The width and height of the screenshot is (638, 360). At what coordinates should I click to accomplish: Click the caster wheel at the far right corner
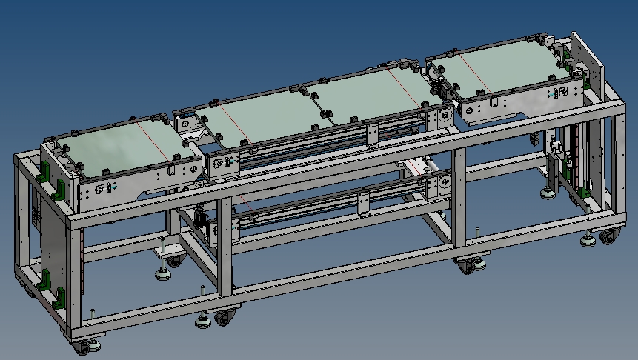click(x=608, y=237)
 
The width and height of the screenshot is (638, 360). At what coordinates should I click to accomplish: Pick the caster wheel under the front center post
click(x=223, y=318)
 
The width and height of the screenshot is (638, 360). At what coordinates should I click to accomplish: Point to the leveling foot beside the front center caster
click(x=202, y=321)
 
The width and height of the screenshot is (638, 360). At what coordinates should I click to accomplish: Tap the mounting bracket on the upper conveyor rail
click(x=373, y=135)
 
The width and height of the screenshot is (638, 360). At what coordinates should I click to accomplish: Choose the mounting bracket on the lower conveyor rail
click(x=364, y=202)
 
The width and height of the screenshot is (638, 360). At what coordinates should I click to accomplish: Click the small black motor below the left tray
click(x=200, y=218)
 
